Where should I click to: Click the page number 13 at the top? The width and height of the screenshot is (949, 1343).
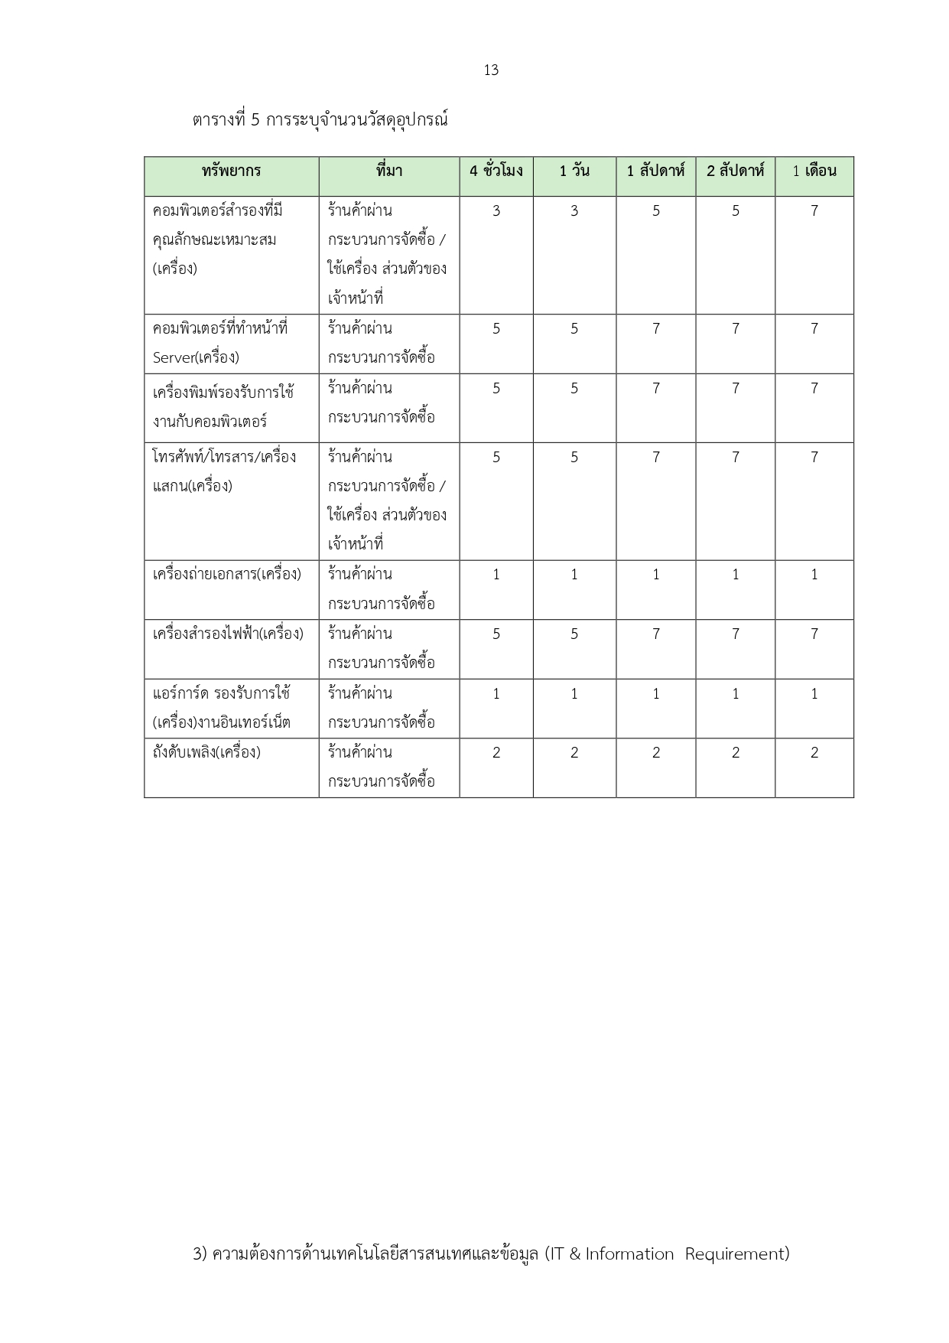pos(491,70)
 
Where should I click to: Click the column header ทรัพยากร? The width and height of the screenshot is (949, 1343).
pos(231,171)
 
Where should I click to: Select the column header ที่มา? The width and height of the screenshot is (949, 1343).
pos(388,171)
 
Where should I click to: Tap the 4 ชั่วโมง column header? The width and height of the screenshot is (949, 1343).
pos(496,171)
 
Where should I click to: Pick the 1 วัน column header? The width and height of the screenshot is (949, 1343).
pos(574,171)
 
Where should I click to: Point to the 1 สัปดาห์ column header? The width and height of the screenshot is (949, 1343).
pos(655,171)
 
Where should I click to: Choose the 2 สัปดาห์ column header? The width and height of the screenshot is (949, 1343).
pos(735,171)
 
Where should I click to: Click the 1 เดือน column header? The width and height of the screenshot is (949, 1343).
pos(814,171)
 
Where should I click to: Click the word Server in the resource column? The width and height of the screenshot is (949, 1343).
pos(174,357)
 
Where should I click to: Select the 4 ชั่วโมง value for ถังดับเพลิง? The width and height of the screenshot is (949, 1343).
pos(496,753)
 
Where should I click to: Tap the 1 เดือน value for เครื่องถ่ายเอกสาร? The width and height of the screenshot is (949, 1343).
pos(814,575)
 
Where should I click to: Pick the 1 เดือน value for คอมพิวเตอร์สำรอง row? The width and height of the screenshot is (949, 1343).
pos(814,211)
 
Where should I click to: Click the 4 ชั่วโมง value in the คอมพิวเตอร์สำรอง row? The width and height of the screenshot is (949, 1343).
pos(496,211)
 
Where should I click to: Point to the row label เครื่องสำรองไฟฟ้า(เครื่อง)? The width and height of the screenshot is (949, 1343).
pos(228,634)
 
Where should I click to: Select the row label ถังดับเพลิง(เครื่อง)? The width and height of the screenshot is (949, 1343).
pos(206,753)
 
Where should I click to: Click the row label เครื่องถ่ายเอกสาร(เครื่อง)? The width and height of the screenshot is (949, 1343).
pos(227,575)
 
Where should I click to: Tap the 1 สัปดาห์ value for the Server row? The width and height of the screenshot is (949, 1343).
pos(655,329)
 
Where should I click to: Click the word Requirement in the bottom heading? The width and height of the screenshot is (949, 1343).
pos(736,1254)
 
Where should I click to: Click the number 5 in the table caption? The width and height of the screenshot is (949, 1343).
pos(255,120)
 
